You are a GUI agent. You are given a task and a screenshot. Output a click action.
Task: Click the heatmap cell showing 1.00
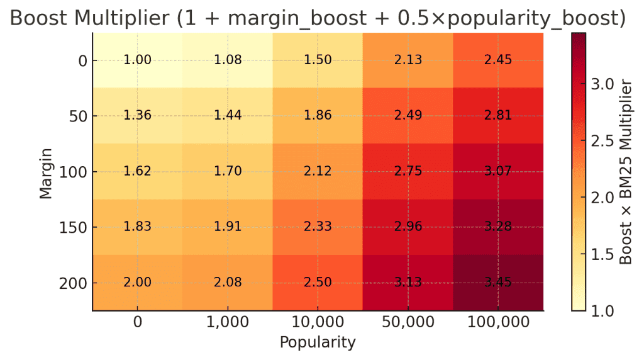pos(137,60)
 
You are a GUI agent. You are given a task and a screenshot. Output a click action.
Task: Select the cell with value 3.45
pos(498,283)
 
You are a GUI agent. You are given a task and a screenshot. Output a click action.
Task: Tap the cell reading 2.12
pos(318,171)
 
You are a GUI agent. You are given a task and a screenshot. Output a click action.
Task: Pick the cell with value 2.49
pos(408,116)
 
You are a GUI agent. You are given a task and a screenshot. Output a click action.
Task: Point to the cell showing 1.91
pos(228,227)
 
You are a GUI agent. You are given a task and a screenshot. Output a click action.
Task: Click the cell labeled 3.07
pos(498,171)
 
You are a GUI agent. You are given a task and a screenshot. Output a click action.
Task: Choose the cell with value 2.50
pos(318,283)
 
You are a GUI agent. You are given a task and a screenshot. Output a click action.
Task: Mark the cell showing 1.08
pos(228,60)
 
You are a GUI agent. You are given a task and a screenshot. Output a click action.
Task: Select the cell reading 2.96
pos(408,227)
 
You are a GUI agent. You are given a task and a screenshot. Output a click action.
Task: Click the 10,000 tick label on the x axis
pos(318,322)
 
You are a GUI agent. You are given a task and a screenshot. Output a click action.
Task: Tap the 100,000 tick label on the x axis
pos(498,322)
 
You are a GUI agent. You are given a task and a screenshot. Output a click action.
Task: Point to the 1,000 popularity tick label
pos(228,322)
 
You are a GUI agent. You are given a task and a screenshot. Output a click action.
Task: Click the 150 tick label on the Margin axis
pos(74,227)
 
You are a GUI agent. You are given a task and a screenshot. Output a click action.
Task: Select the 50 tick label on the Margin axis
pos(79,116)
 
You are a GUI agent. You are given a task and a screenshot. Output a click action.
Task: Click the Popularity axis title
pos(318,342)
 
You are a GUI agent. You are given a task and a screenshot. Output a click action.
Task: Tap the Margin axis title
pos(46,171)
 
